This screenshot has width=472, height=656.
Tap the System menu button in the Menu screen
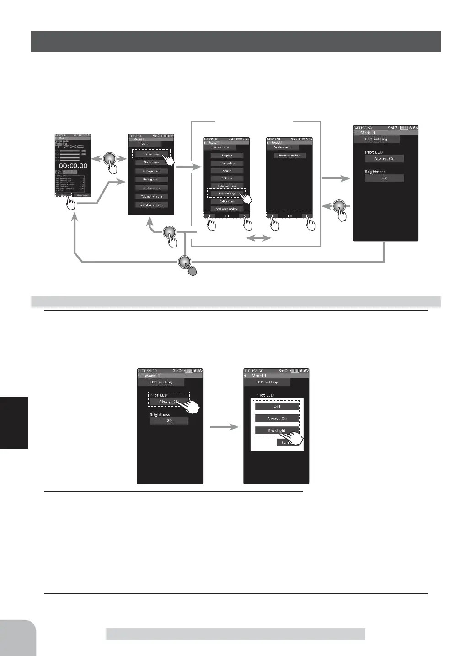pos(151,154)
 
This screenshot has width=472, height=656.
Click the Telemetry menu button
pos(151,196)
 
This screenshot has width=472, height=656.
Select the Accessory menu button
pos(151,205)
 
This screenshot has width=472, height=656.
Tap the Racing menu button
pos(151,179)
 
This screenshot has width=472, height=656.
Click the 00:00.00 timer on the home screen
pos(73,166)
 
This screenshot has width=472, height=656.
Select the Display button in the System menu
pos(227,156)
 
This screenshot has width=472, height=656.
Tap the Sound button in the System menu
pos(227,171)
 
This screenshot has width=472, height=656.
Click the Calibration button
pos(227,201)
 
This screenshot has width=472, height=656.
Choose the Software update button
pos(227,209)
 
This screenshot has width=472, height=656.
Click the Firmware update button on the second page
pos(290,156)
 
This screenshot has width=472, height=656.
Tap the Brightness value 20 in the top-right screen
pos(384,178)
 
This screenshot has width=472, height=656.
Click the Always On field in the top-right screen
pos(384,159)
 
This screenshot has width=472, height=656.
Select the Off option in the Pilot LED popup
pos(277,406)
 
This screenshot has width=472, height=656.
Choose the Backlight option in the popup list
pos(277,430)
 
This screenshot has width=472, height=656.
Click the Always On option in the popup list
pos(277,419)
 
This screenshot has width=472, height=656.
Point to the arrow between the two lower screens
pos(224,427)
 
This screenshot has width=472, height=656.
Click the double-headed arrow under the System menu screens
pos(258,238)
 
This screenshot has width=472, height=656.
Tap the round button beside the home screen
pos(110,159)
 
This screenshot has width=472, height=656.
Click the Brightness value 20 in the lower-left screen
pos(169,421)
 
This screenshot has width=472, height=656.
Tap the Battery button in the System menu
pos(227,178)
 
